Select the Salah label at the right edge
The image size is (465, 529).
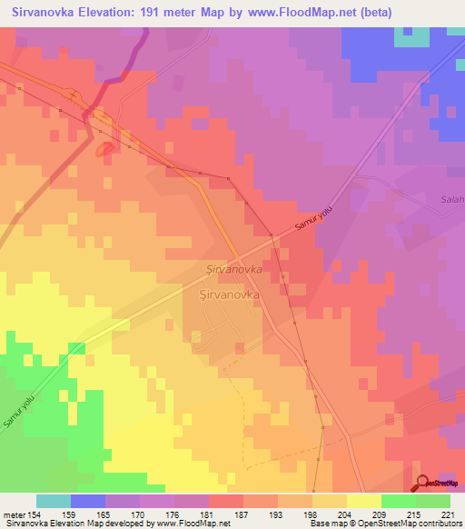click(451, 200)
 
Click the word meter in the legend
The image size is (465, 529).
click(14, 514)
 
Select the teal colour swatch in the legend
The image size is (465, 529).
click(54, 501)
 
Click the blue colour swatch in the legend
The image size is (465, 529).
click(88, 501)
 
